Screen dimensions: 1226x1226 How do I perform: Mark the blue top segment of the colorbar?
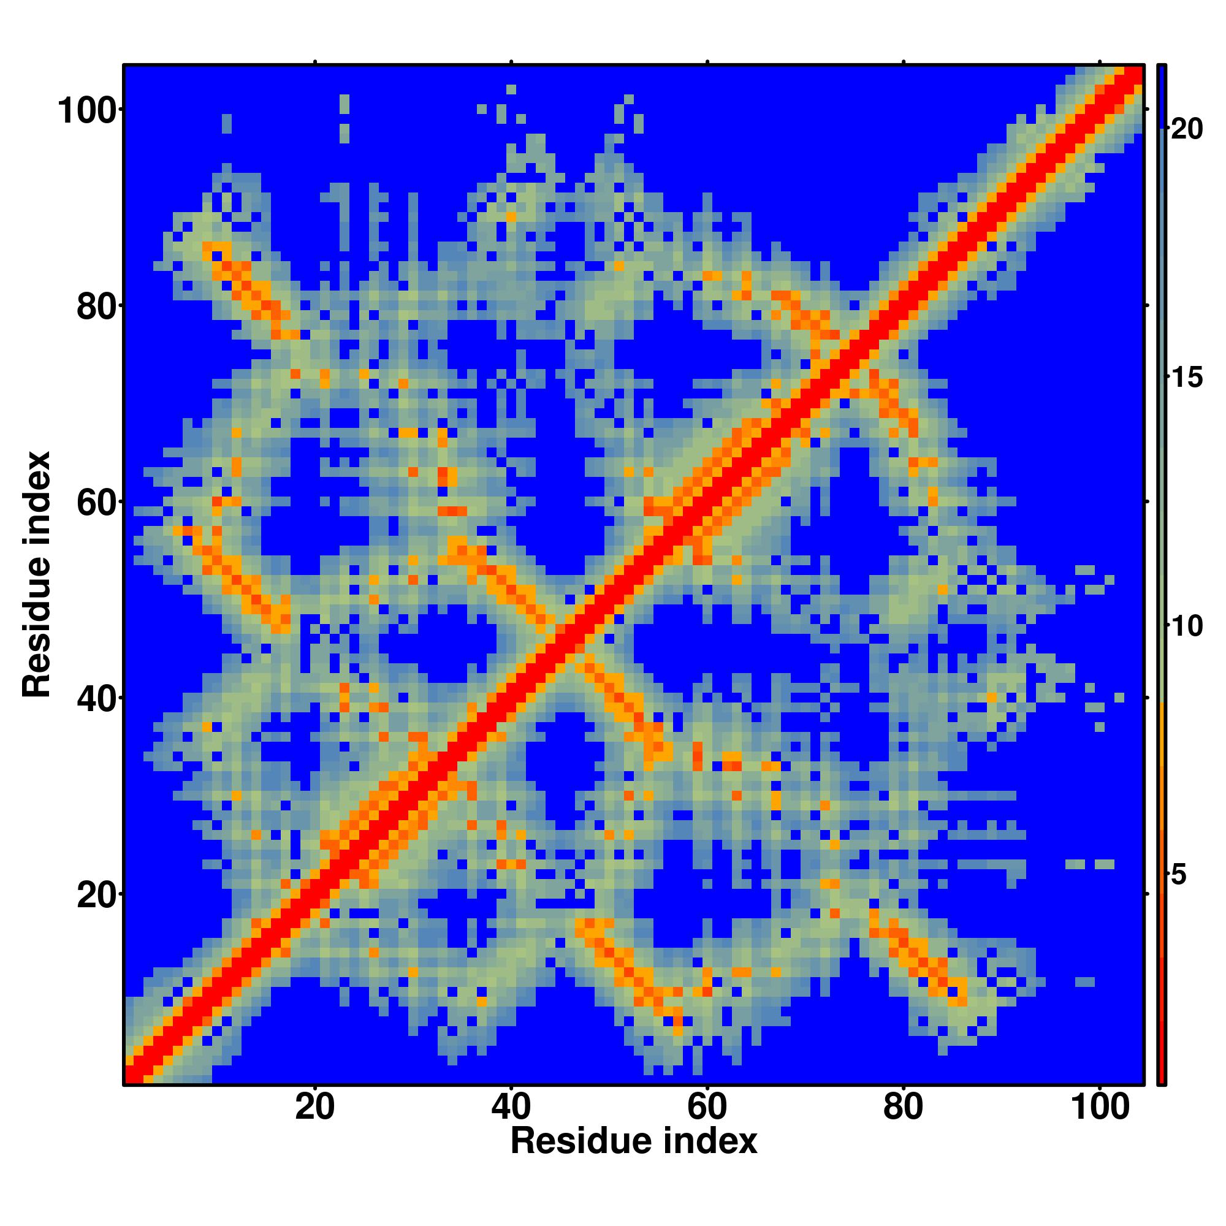[1161, 95]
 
